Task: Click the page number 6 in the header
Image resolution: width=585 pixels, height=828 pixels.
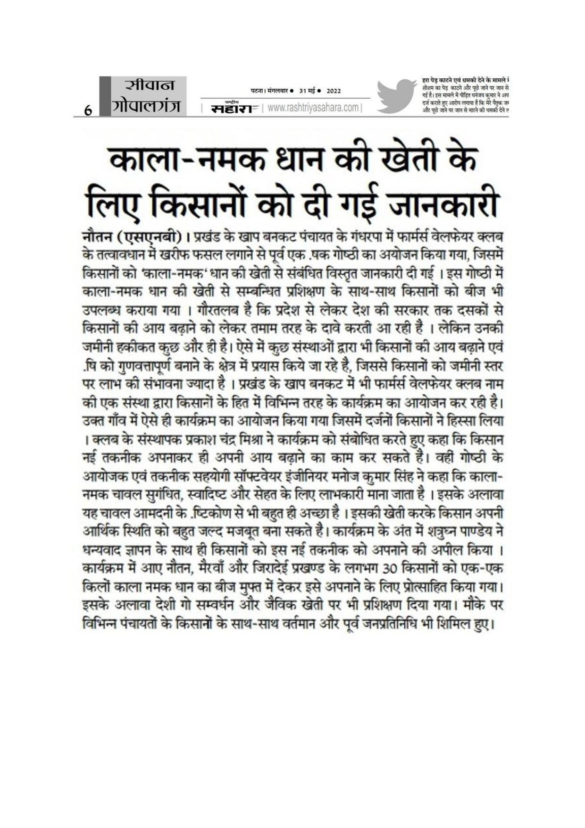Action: tap(87, 111)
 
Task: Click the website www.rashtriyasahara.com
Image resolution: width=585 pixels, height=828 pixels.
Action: tap(312, 108)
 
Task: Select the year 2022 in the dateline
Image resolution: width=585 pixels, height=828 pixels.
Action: tap(334, 91)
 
